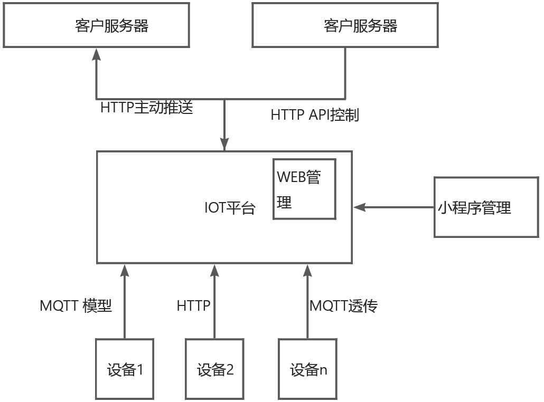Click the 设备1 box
click(125, 369)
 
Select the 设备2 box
click(214, 369)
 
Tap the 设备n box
click(308, 369)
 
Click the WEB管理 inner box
click(304, 189)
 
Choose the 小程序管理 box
click(486, 207)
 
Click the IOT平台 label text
click(229, 208)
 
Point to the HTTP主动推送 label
click(147, 108)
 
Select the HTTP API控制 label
click(315, 115)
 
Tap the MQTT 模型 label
click(76, 305)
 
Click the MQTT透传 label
click(343, 305)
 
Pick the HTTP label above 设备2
click(193, 305)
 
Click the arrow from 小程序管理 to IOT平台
click(393, 207)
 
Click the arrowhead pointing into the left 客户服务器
click(96, 54)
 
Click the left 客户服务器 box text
click(111, 26)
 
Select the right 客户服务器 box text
click(360, 26)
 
